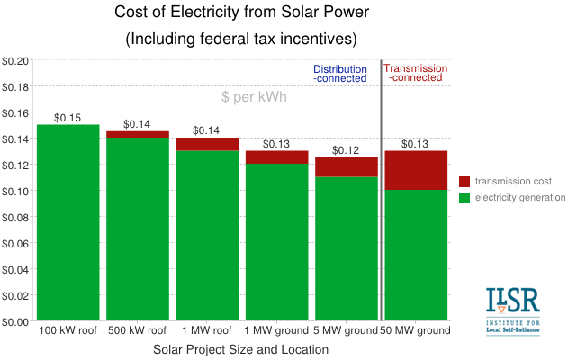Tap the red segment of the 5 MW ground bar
pyautogui.click(x=346, y=166)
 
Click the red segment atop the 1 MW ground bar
pyautogui.click(x=276, y=157)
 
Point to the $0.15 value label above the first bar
pyautogui.click(x=68, y=118)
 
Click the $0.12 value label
pyautogui.click(x=346, y=150)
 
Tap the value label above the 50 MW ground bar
pyautogui.click(x=415, y=144)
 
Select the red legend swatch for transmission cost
pyautogui.click(x=464, y=181)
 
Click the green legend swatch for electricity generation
pyautogui.click(x=464, y=197)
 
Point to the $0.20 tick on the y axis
pyautogui.click(x=15, y=61)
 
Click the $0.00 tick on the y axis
pyautogui.click(x=15, y=321)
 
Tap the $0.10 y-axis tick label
pyautogui.click(x=15, y=191)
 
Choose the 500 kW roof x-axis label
pyautogui.click(x=137, y=331)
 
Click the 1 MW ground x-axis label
pyautogui.click(x=276, y=331)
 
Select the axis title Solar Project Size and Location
pyautogui.click(x=240, y=348)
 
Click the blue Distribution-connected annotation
pyautogui.click(x=339, y=74)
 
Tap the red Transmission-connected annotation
pyautogui.click(x=415, y=74)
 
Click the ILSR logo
pyautogui.click(x=512, y=310)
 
